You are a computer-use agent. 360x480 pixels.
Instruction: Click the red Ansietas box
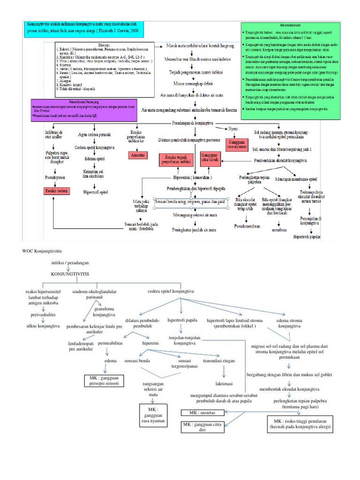[x=137, y=154]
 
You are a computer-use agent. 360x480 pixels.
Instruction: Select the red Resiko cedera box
[x=57, y=191]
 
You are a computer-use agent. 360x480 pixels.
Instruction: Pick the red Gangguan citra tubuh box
[x=209, y=158]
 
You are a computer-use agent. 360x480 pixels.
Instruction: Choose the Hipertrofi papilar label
[x=307, y=237]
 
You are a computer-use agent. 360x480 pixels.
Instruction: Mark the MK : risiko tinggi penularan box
[x=300, y=423]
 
